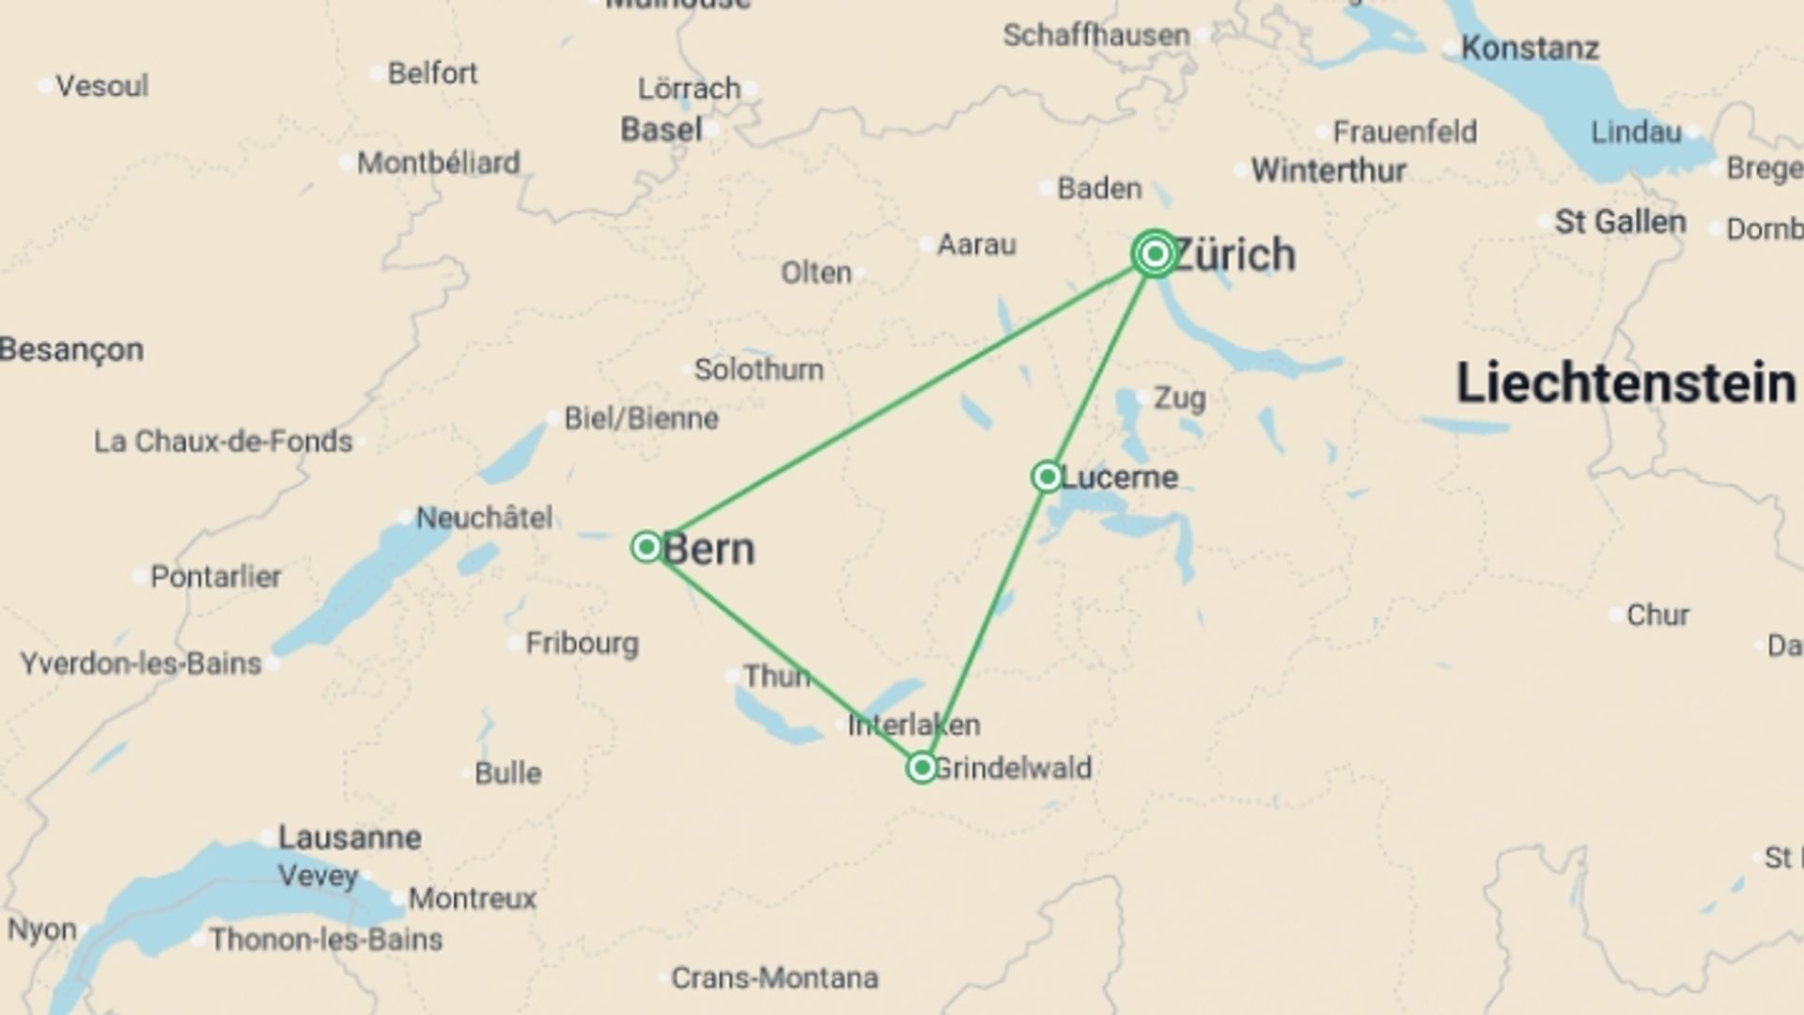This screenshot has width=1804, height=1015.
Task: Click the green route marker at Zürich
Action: pyautogui.click(x=1155, y=254)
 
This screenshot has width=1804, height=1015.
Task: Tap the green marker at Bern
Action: pyautogui.click(x=646, y=547)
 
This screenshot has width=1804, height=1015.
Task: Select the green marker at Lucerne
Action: pyautogui.click(x=1047, y=476)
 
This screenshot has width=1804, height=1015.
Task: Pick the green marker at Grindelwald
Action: pyautogui.click(x=922, y=768)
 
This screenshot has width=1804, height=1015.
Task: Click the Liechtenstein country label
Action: pyautogui.click(x=1625, y=383)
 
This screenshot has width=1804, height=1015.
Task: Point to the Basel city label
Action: pyautogui.click(x=661, y=130)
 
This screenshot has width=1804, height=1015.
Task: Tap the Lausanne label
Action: pyautogui.click(x=350, y=837)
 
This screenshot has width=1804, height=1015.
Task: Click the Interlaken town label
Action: pyautogui.click(x=913, y=725)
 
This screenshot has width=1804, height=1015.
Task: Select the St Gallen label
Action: pyautogui.click(x=1620, y=223)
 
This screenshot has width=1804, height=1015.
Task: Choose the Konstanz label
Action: pyautogui.click(x=1530, y=48)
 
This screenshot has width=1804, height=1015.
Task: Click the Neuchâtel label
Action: pyautogui.click(x=484, y=518)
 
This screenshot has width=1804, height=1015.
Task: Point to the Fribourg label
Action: pyautogui.click(x=582, y=644)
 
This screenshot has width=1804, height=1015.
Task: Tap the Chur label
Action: pyautogui.click(x=1657, y=616)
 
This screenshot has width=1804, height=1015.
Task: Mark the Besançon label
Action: pyautogui.click(x=71, y=350)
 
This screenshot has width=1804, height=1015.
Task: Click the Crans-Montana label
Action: pyautogui.click(x=774, y=978)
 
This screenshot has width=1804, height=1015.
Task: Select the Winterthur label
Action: pyautogui.click(x=1329, y=171)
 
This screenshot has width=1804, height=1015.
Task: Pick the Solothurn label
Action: pyautogui.click(x=758, y=369)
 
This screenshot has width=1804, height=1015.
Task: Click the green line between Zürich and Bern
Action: pyautogui.click(x=900, y=400)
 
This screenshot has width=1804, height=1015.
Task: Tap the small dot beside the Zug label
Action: pyautogui.click(x=1141, y=398)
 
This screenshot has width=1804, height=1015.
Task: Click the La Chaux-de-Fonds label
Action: pyautogui.click(x=223, y=442)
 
